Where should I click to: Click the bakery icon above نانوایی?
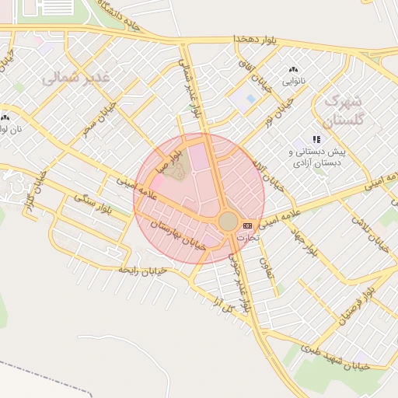[294, 70]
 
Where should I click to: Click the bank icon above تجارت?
[248, 225]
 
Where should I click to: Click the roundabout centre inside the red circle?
[228, 222]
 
